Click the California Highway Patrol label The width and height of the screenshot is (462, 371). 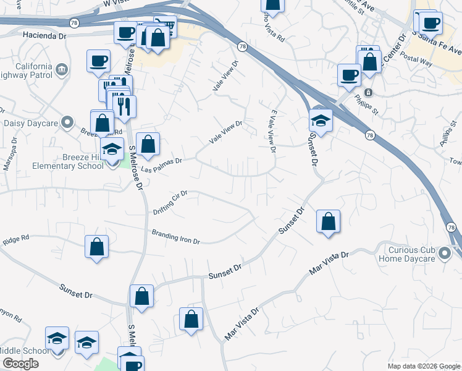point(26,71)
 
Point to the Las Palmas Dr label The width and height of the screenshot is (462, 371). point(161,164)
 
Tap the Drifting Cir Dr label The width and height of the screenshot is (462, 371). point(170,203)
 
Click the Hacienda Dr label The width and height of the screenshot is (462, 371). point(44,36)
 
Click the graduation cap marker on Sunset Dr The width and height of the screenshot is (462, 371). point(321,120)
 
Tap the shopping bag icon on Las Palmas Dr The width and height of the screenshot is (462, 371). point(148,145)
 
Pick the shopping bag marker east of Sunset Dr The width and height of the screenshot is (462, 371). point(329,221)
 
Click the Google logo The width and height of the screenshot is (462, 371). point(20,364)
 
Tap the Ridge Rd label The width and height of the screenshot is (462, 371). point(16,239)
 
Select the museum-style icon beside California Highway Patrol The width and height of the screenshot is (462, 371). point(61,69)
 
